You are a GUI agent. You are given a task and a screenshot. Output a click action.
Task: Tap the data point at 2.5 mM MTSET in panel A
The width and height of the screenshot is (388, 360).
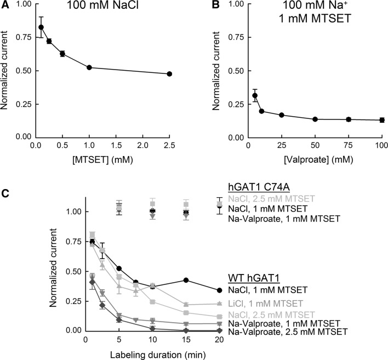[169, 73]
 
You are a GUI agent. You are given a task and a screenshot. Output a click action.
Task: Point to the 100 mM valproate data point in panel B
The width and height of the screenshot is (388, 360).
[382, 119]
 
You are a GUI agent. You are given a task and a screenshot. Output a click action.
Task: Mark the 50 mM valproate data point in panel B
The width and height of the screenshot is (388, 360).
[315, 119]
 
